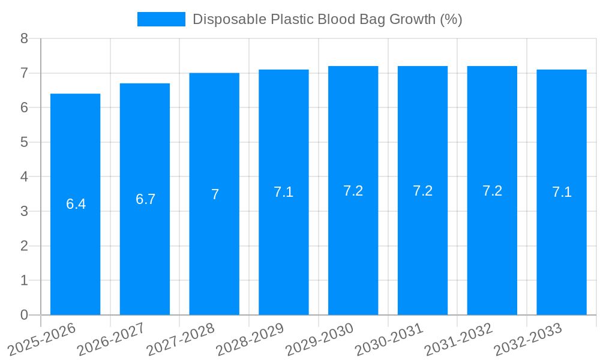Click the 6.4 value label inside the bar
pyautogui.click(x=76, y=204)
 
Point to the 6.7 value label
pyautogui.click(x=145, y=199)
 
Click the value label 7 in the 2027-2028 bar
pyautogui.click(x=215, y=194)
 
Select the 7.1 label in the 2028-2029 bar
pyautogui.click(x=284, y=192)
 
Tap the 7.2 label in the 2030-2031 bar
pyautogui.click(x=422, y=191)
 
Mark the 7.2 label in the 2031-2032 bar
pyautogui.click(x=492, y=191)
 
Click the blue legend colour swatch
pyautogui.click(x=161, y=19)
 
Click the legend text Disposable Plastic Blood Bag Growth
pyautogui.click(x=327, y=19)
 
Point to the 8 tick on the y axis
pyautogui.click(x=24, y=38)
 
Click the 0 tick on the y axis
pyautogui.click(x=24, y=315)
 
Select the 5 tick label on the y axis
pyautogui.click(x=24, y=142)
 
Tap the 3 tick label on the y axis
pyautogui.click(x=24, y=211)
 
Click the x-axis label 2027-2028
pyautogui.click(x=179, y=339)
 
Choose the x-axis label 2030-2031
pyautogui.click(x=388, y=339)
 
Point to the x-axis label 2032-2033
pyautogui.click(x=527, y=339)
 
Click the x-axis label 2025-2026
pyautogui.click(x=41, y=339)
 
